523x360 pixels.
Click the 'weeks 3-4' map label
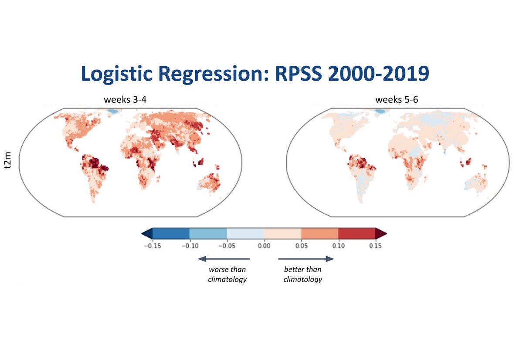point(122,100)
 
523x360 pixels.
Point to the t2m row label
point(8,162)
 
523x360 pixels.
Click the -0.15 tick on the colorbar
point(152,246)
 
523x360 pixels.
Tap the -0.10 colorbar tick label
point(189,246)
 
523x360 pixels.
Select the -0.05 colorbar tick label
point(226,246)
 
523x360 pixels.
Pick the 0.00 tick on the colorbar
point(264,246)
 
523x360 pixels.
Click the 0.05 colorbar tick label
point(301,246)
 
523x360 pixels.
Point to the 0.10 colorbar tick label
point(338,246)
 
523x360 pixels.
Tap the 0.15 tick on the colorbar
point(375,246)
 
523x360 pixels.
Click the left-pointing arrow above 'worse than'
point(224,259)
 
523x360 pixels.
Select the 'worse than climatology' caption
point(227,275)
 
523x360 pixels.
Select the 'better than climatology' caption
point(302,275)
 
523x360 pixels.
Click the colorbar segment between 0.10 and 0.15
point(357,233)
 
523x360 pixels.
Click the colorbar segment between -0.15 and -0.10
point(171,233)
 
